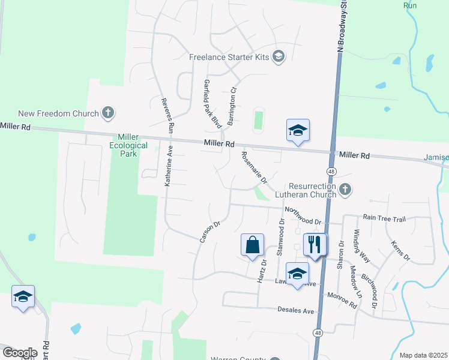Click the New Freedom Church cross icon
[x=108, y=112]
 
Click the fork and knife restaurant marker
[x=315, y=244]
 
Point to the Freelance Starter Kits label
[x=231, y=58]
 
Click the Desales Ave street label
[x=296, y=311]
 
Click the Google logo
[x=20, y=353]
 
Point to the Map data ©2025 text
[x=423, y=355]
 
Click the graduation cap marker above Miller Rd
[x=298, y=130]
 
